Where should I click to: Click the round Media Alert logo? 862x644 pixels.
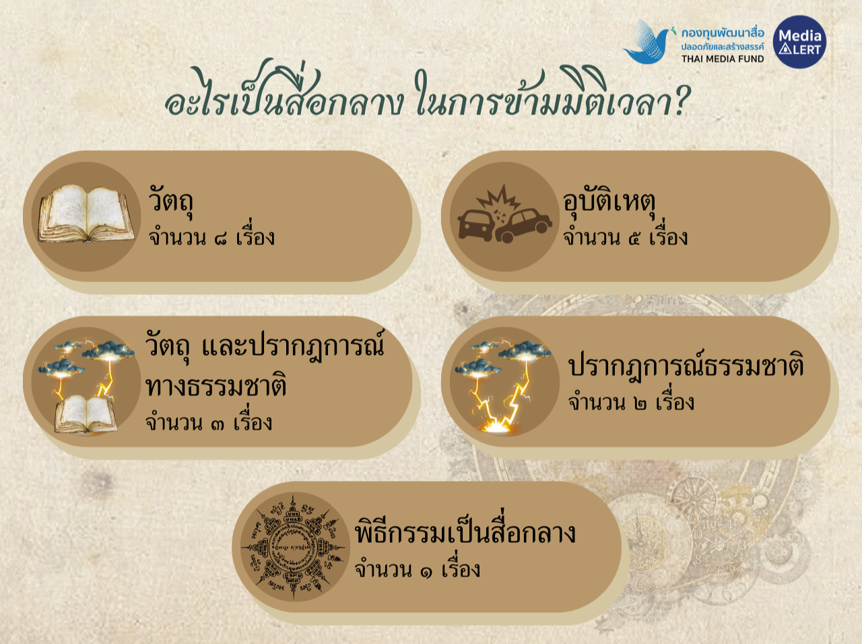[x=799, y=42]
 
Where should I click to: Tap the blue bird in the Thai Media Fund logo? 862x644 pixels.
[x=647, y=42]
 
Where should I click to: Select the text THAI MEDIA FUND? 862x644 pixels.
[x=723, y=59]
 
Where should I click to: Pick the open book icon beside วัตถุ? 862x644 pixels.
[x=86, y=214]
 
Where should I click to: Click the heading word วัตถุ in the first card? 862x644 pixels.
[x=170, y=201]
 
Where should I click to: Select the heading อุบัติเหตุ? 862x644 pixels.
[x=609, y=202]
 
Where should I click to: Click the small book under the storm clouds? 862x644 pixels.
[x=86, y=415]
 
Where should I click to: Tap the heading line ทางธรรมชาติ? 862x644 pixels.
[x=215, y=385]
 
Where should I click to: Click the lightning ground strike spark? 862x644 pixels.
[x=497, y=426]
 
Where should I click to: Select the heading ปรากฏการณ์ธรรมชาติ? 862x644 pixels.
[x=686, y=365]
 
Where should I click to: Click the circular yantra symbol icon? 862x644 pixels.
[x=294, y=548]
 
